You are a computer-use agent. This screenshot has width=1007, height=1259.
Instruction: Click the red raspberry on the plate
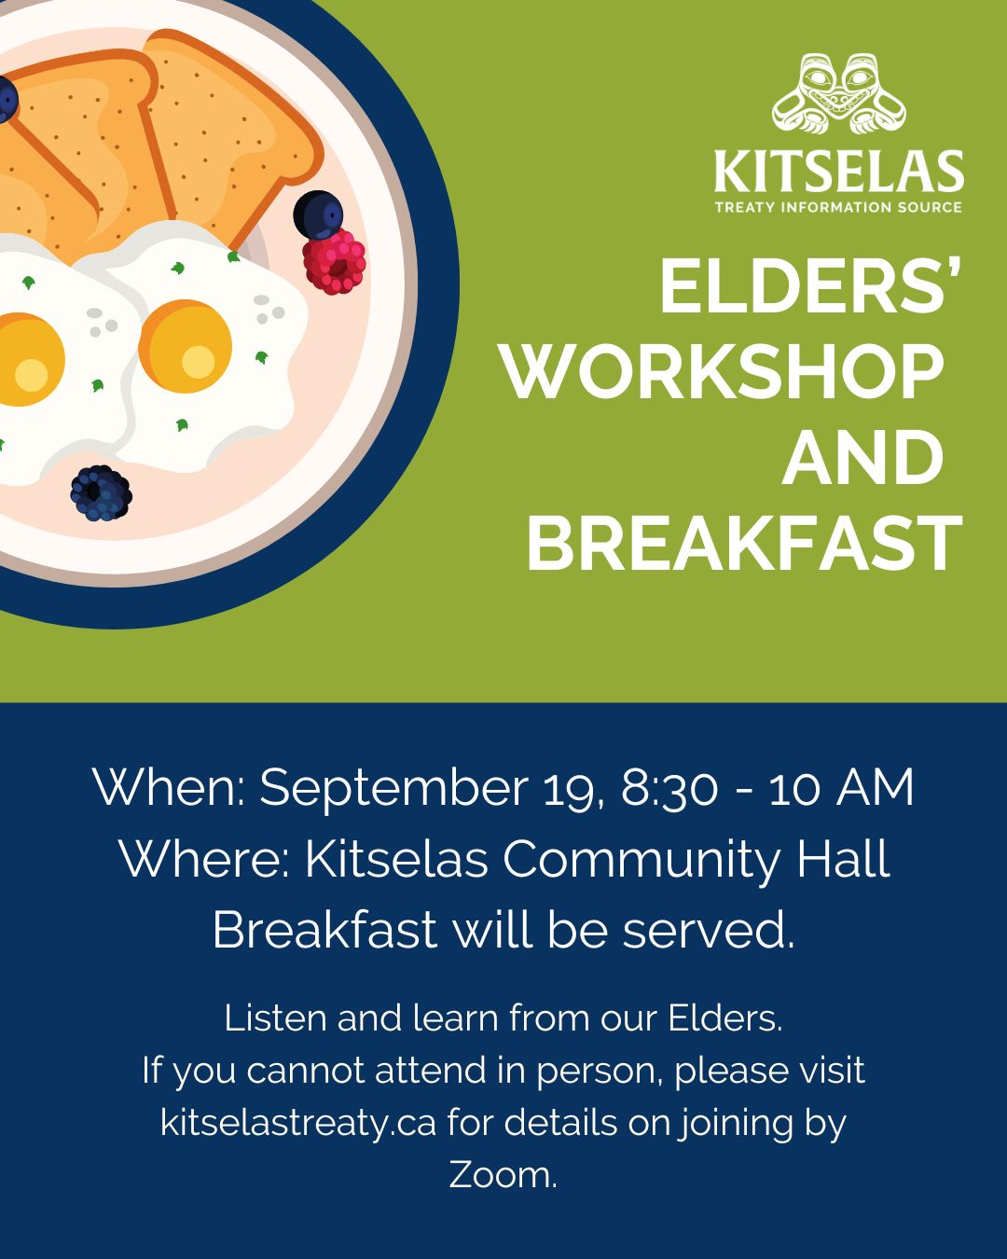(334, 261)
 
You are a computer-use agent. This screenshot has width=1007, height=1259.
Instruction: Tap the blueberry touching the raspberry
(318, 214)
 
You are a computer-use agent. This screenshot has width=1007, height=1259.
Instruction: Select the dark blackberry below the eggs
(102, 493)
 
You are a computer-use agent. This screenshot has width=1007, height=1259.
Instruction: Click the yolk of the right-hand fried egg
(185, 346)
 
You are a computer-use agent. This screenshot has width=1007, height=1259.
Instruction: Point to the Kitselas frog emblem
(838, 93)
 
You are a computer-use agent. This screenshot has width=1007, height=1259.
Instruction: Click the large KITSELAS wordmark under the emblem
(838, 171)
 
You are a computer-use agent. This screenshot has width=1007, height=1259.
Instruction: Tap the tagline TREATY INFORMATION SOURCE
(838, 207)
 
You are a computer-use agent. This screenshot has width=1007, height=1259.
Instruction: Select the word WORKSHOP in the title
(724, 371)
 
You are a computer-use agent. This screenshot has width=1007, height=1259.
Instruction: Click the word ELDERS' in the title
(811, 286)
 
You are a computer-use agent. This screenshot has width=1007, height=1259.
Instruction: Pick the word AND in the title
(862, 457)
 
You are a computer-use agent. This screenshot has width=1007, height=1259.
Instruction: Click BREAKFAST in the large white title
(744, 543)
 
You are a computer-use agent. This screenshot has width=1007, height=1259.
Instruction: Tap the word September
(393, 790)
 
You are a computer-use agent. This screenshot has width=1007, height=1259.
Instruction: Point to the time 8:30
(669, 788)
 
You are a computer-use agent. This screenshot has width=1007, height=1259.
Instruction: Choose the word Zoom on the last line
(503, 1175)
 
